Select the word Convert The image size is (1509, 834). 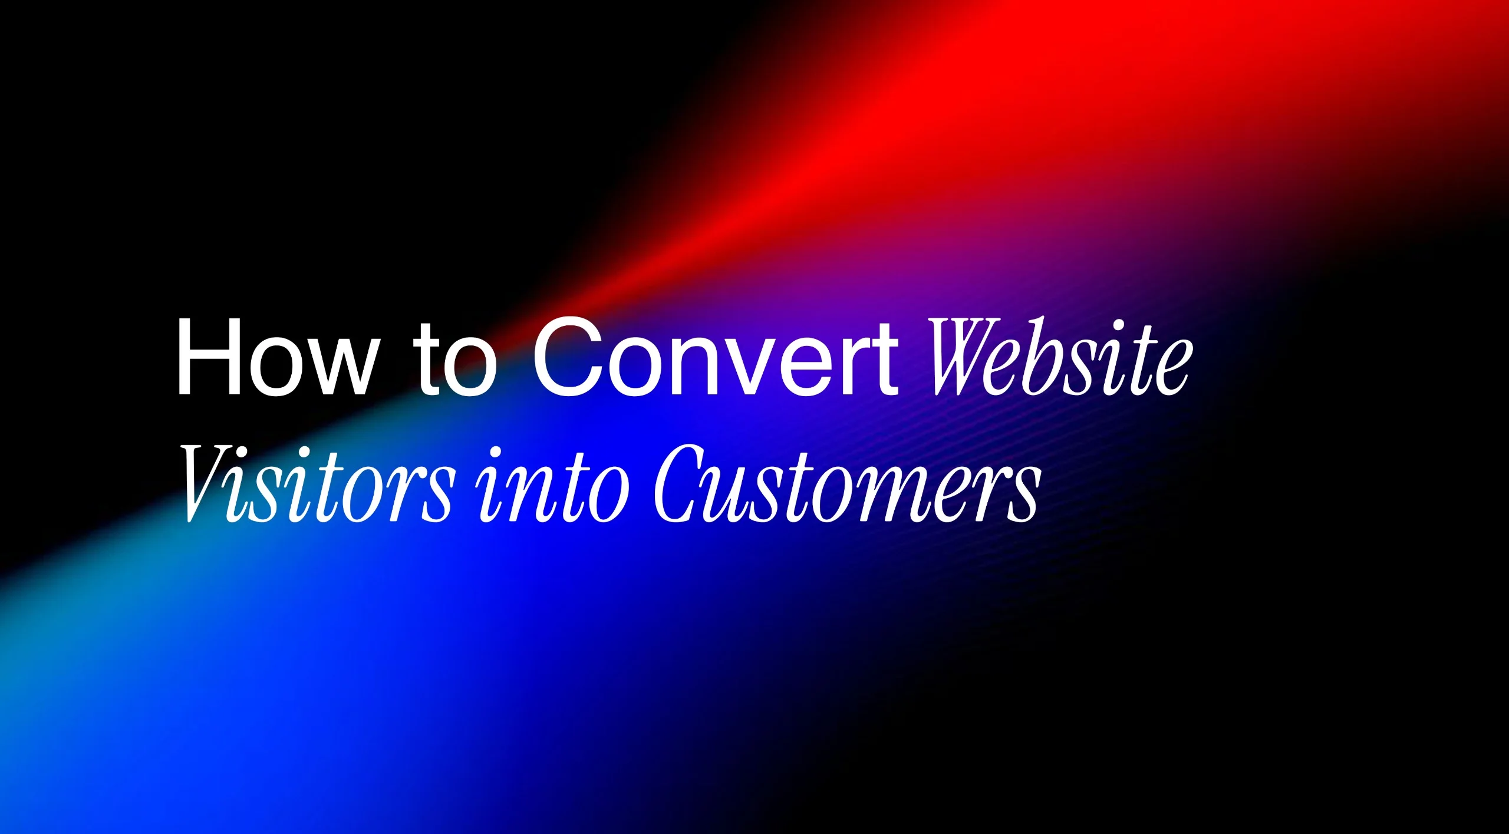pyautogui.click(x=715, y=358)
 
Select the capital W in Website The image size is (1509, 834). pyautogui.click(x=964, y=358)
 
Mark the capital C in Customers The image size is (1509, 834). pyautogui.click(x=681, y=484)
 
